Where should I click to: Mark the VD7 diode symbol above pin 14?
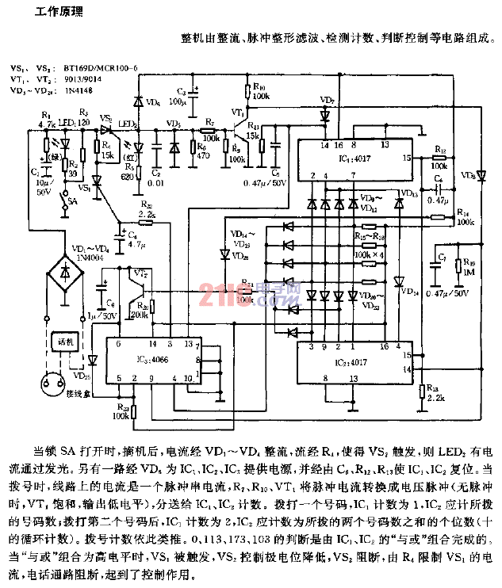pos(324,116)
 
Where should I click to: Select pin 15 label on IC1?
pos(405,158)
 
